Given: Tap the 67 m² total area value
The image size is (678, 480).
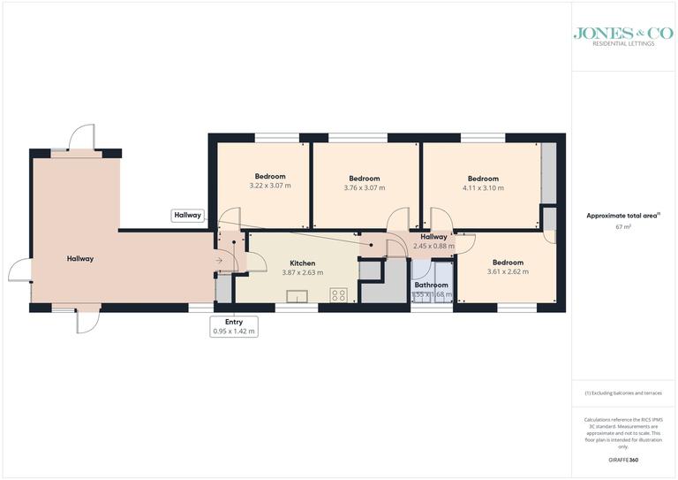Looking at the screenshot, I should (x=623, y=227).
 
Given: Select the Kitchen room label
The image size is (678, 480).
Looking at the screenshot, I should (x=303, y=263).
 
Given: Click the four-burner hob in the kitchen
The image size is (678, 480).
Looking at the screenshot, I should (x=340, y=294).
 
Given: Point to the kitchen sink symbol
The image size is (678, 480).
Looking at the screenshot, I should (x=297, y=296).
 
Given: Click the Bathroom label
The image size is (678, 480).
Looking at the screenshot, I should (x=432, y=285).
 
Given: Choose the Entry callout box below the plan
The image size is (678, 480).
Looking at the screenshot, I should (x=233, y=325).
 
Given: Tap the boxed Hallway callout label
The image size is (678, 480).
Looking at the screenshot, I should (x=188, y=215).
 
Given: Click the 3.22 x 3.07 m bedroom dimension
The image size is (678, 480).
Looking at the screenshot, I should (x=270, y=186).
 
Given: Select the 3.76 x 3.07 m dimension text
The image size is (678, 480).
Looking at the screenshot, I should (x=364, y=187).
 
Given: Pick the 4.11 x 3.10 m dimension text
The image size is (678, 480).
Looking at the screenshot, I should (x=483, y=187).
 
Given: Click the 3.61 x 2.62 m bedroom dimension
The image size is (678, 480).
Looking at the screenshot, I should (x=508, y=271).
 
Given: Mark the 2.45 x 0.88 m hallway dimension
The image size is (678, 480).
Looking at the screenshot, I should (x=433, y=246).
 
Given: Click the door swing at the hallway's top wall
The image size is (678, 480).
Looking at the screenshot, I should (x=80, y=138).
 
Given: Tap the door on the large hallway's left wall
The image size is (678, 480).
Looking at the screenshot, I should (x=19, y=270).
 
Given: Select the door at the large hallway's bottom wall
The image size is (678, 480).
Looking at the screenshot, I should (x=88, y=320).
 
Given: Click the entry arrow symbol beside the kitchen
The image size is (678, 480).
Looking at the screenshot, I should (x=219, y=261).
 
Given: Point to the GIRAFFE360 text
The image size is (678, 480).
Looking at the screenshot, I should (x=624, y=461).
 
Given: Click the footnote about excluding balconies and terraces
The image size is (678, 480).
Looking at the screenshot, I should (x=623, y=392).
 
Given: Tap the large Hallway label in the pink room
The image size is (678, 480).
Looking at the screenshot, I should (x=80, y=259).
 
